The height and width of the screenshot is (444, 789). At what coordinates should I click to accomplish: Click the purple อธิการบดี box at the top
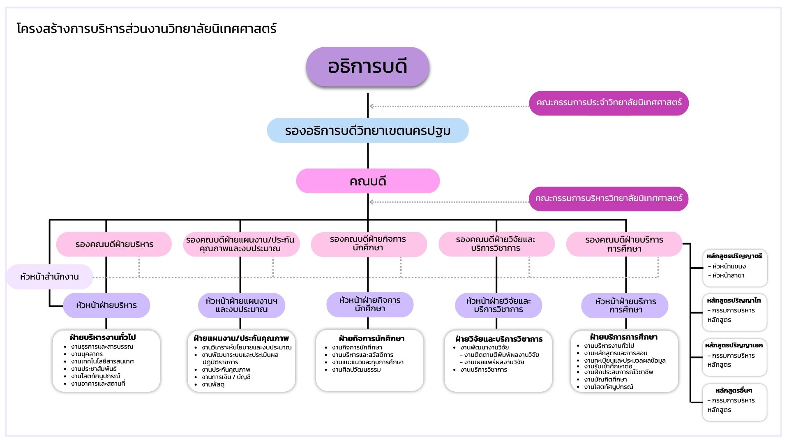367,67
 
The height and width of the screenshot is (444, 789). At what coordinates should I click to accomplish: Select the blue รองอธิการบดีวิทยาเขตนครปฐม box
367,131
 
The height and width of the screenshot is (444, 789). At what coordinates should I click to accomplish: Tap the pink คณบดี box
367,181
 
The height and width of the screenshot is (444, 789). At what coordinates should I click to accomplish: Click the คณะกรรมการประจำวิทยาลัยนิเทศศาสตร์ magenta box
609,103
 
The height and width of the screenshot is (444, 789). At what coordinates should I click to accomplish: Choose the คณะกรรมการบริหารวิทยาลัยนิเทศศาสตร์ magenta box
609,199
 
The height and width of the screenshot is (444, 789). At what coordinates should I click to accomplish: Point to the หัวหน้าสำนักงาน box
49,277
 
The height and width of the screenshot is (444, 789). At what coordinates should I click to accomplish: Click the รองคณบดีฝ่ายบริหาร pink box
114,244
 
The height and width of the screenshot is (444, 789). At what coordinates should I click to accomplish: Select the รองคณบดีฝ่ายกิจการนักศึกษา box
368,244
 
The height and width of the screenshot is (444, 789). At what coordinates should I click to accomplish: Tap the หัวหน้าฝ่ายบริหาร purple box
106,305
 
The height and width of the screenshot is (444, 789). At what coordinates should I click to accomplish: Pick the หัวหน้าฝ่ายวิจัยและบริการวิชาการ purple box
498,305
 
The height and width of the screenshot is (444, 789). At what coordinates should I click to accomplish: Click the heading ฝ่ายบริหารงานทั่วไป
103,338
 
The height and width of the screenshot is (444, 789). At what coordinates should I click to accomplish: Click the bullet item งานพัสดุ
213,385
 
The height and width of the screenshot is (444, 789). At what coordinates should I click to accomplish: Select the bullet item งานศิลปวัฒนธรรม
356,370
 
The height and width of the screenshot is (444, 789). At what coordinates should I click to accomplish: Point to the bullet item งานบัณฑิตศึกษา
605,379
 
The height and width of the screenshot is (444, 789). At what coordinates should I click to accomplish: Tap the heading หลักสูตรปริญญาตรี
734,256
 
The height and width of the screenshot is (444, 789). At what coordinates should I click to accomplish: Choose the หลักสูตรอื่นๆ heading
734,391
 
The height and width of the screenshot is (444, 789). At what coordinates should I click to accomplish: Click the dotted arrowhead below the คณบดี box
371,202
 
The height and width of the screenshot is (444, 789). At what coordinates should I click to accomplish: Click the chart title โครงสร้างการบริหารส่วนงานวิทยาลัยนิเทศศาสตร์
147,29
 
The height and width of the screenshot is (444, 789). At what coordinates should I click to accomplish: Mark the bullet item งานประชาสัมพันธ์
94,369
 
